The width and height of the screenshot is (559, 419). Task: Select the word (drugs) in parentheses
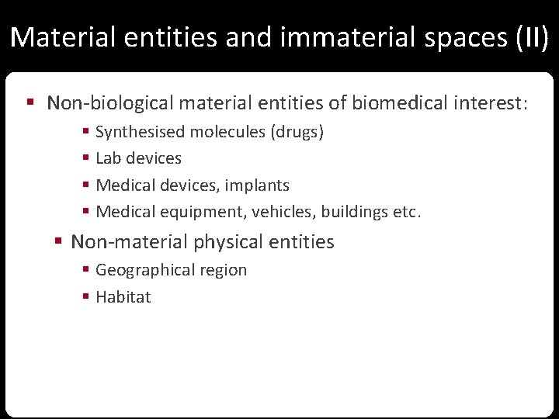point(297,133)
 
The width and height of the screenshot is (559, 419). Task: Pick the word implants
point(258,185)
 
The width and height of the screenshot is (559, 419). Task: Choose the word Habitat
point(123,297)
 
